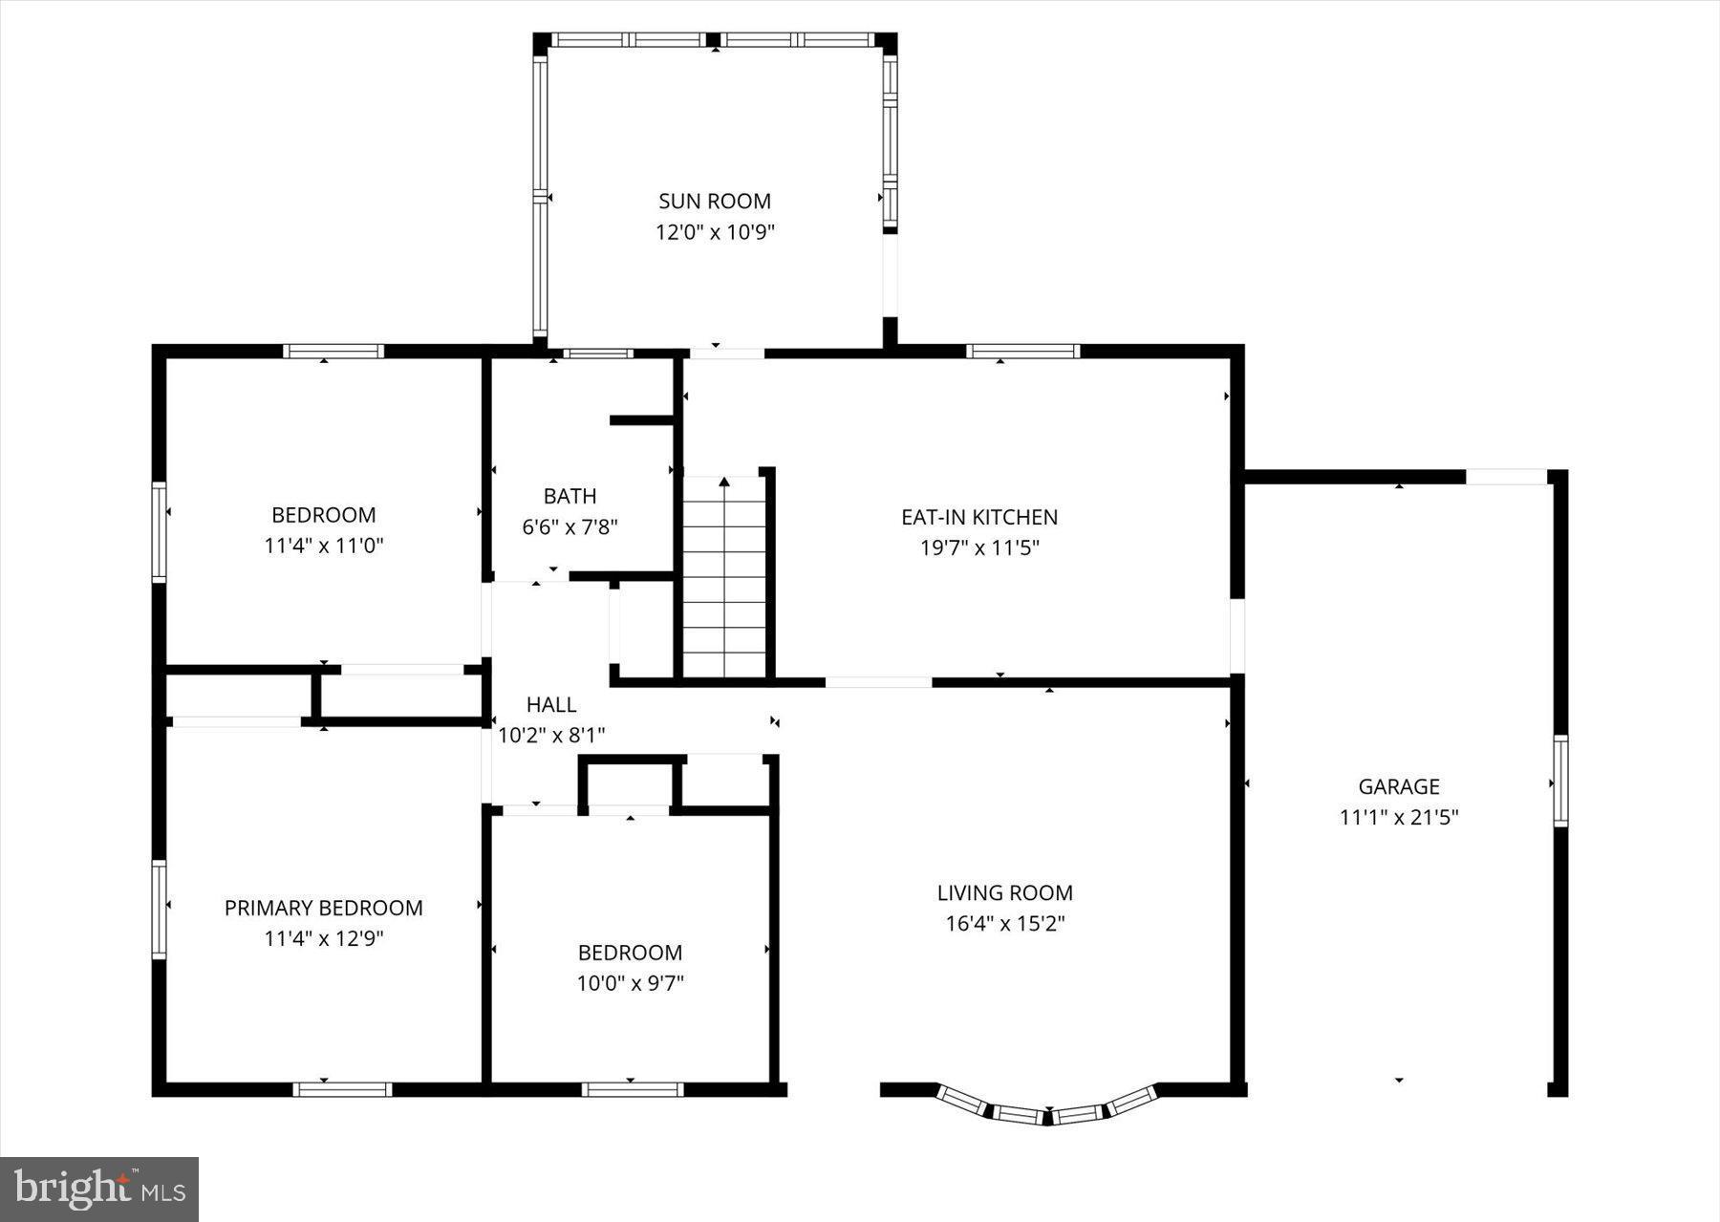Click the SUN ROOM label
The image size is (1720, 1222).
click(x=714, y=201)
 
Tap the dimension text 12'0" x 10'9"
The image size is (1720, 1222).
click(x=714, y=232)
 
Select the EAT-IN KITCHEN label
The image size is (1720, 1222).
click(x=979, y=517)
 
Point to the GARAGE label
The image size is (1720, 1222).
click(x=1399, y=786)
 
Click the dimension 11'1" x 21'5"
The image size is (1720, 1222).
click(x=1399, y=818)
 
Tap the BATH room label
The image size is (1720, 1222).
click(x=570, y=496)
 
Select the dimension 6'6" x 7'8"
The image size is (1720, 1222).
click(x=570, y=527)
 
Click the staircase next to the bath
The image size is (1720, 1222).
click(x=724, y=583)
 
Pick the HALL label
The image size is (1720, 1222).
click(x=551, y=704)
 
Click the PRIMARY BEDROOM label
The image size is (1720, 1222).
click(x=323, y=908)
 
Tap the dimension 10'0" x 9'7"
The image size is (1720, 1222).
click(x=630, y=983)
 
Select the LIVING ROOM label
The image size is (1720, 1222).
click(x=1004, y=892)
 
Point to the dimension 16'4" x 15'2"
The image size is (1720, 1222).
click(x=1004, y=924)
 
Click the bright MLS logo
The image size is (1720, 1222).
click(x=99, y=1189)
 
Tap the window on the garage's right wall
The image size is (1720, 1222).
click(x=1559, y=781)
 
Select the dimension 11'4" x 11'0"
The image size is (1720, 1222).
click(x=323, y=547)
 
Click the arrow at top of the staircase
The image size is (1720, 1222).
click(x=724, y=482)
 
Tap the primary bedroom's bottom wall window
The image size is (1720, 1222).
click(x=342, y=1089)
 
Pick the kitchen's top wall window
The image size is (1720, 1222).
click(x=1022, y=351)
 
